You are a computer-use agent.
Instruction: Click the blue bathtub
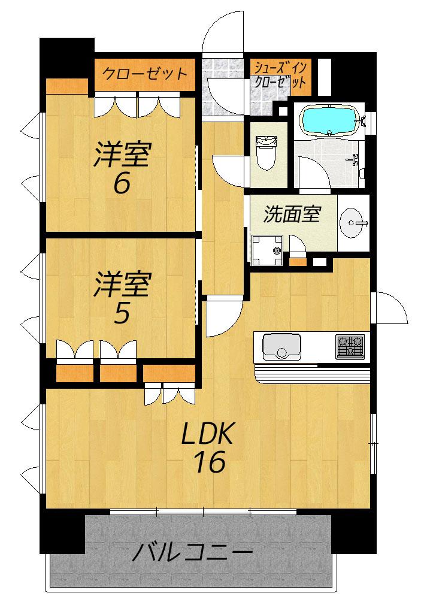coord(330,120)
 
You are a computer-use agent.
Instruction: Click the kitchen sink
coord(281,346)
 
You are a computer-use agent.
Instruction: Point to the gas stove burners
coord(350,346)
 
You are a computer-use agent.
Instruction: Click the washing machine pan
coord(267,250)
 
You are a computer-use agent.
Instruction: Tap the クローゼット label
coord(145,73)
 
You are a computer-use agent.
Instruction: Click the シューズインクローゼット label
coord(280,75)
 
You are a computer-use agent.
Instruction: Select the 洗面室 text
coord(292,214)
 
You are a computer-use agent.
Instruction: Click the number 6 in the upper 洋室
coord(122,184)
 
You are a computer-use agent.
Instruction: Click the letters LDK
coord(207,434)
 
